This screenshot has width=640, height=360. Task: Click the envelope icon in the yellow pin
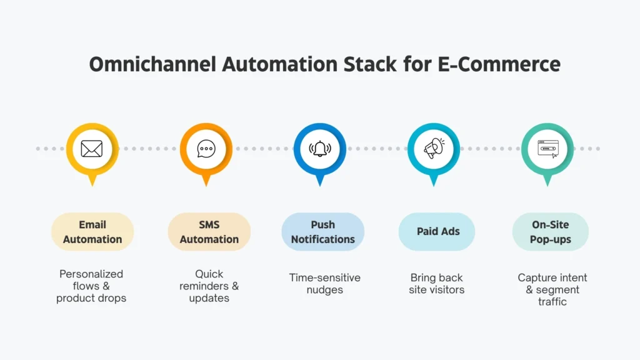[x=92, y=149]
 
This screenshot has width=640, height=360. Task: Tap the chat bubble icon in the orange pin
[x=206, y=149]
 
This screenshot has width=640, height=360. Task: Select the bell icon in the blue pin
[x=320, y=149]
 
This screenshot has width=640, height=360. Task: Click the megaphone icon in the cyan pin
[x=434, y=149]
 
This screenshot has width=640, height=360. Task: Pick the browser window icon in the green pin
[x=547, y=149]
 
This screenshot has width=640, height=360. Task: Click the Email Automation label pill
[x=92, y=232]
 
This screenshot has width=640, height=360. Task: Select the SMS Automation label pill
[x=209, y=232]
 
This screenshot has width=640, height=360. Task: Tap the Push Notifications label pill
[x=322, y=232]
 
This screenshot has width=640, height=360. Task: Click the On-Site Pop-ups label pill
[x=550, y=232]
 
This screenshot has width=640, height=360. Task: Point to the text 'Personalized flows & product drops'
[x=91, y=286]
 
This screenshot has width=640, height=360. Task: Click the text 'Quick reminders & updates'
[x=209, y=286]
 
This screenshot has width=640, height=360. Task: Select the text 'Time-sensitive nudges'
[x=324, y=284]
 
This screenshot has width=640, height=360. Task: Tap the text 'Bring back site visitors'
[x=437, y=284]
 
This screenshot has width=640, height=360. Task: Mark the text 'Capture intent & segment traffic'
[x=552, y=289]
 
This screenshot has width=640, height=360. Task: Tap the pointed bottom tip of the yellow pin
[x=92, y=184]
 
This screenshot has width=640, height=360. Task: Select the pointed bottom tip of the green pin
[x=547, y=184]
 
